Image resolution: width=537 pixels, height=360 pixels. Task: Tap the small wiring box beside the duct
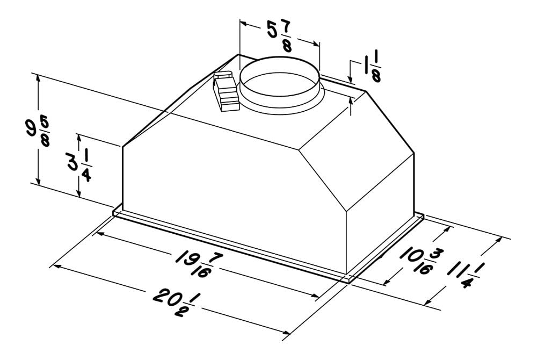(226, 91)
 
